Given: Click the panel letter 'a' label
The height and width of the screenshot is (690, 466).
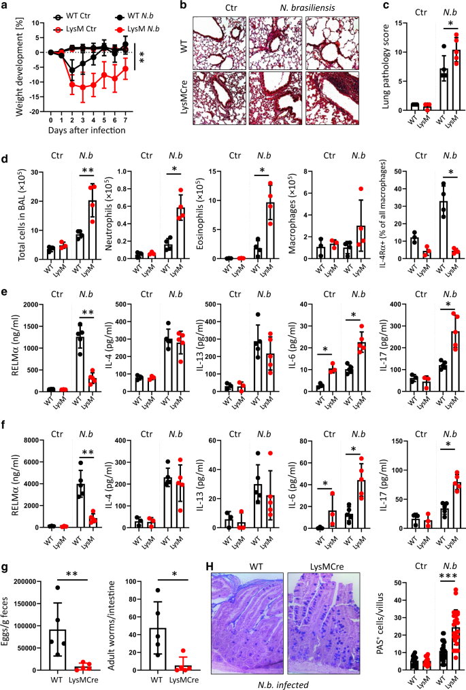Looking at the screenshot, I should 5,6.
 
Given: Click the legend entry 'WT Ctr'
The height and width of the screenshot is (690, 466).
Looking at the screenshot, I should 74,6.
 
